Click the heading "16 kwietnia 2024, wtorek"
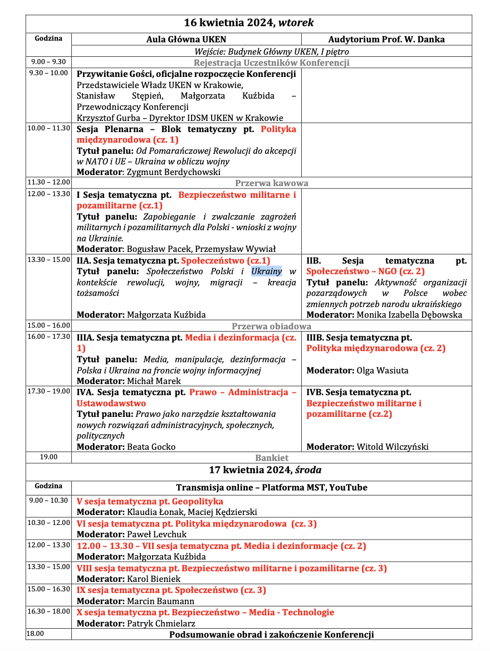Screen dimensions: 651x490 (x=249, y=23)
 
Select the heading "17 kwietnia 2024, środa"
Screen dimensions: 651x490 (x=264, y=470)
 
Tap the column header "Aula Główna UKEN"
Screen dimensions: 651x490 (x=186, y=39)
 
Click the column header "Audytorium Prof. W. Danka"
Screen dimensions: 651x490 (x=386, y=39)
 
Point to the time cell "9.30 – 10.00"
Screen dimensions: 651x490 (x=48, y=73)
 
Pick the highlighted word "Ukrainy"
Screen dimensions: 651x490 (x=267, y=271)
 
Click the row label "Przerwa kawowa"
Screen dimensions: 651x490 (x=271, y=183)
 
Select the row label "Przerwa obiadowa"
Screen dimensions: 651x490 (x=271, y=326)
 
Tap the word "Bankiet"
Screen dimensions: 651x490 (x=272, y=458)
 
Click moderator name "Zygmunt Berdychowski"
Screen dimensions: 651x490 (x=174, y=172)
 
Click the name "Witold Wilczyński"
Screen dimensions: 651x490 (x=393, y=446)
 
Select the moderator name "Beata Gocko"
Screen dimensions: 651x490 (x=151, y=446)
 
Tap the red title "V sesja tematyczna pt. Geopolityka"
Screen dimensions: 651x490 (x=150, y=501)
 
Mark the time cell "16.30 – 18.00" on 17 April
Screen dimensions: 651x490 (x=48, y=611)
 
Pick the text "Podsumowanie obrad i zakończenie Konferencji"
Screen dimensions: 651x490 (x=271, y=634)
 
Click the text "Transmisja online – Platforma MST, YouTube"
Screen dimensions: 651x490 (x=271, y=487)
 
